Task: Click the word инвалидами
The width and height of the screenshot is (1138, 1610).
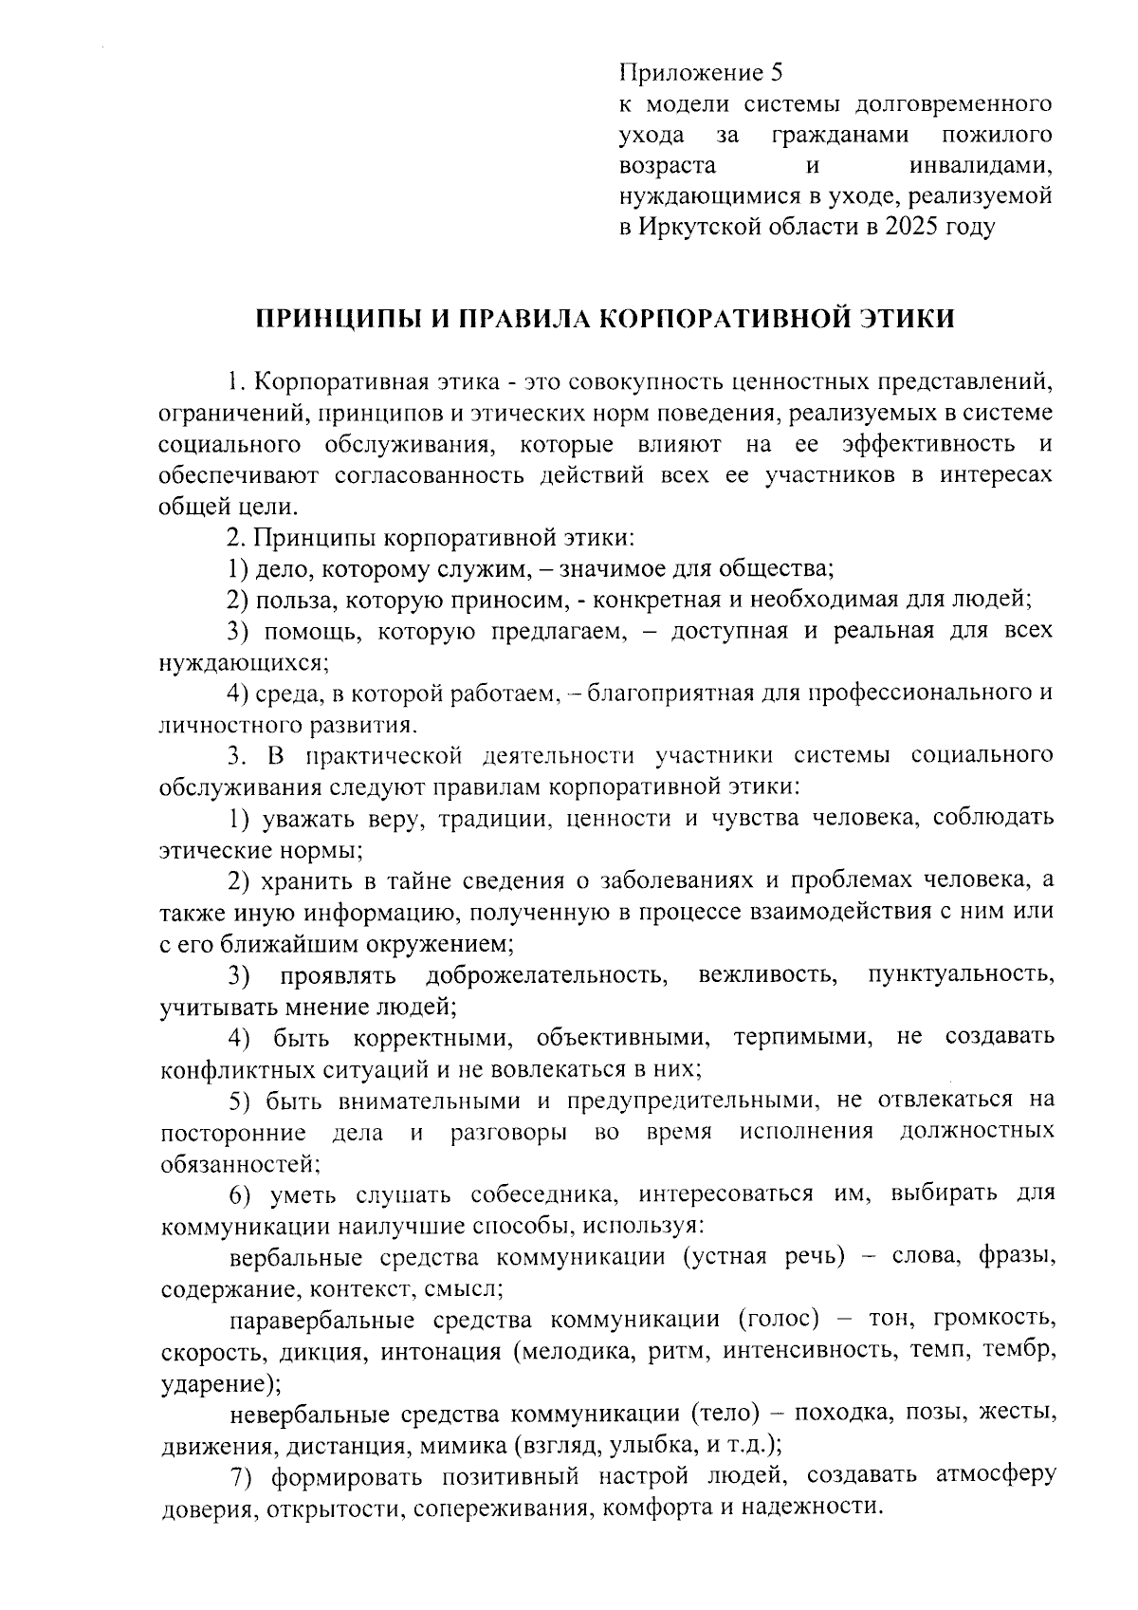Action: [x=980, y=166]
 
